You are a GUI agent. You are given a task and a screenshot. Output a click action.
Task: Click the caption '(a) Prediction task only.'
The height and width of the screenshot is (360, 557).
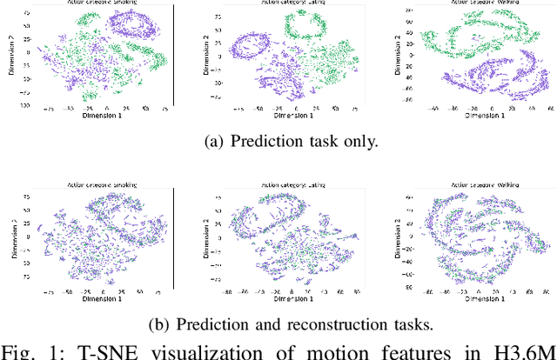(278, 142)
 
